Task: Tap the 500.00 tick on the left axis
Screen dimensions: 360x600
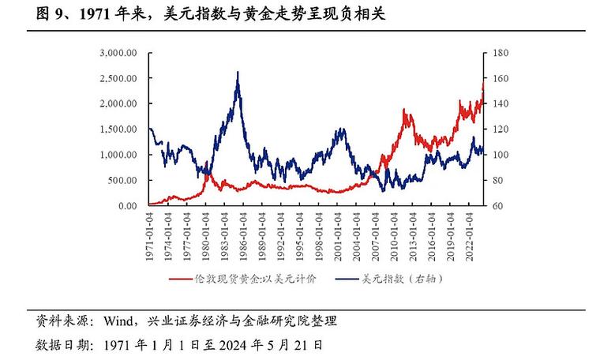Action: (125, 180)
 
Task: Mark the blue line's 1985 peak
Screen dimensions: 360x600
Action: (238, 72)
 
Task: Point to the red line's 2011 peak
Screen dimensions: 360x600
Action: (404, 110)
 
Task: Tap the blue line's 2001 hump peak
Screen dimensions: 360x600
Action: (341, 129)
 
